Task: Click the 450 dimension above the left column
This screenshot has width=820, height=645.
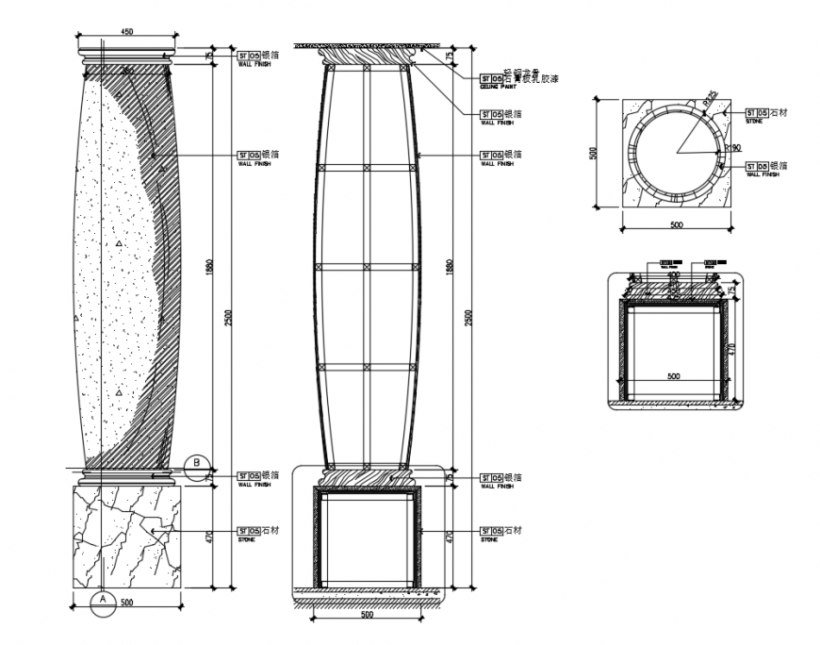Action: pos(126,32)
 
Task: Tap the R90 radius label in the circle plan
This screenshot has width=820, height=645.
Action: pos(735,148)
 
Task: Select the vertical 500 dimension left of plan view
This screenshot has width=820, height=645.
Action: pos(595,152)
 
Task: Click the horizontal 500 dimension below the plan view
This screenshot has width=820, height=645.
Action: pos(676,225)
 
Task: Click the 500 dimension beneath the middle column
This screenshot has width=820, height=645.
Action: pos(367,614)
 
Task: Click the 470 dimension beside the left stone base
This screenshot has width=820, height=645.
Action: pos(209,537)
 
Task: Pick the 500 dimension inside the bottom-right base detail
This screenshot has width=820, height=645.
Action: pos(673,375)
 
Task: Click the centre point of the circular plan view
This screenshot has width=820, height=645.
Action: pos(675,152)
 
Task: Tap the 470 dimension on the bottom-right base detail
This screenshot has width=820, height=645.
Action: pos(730,348)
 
